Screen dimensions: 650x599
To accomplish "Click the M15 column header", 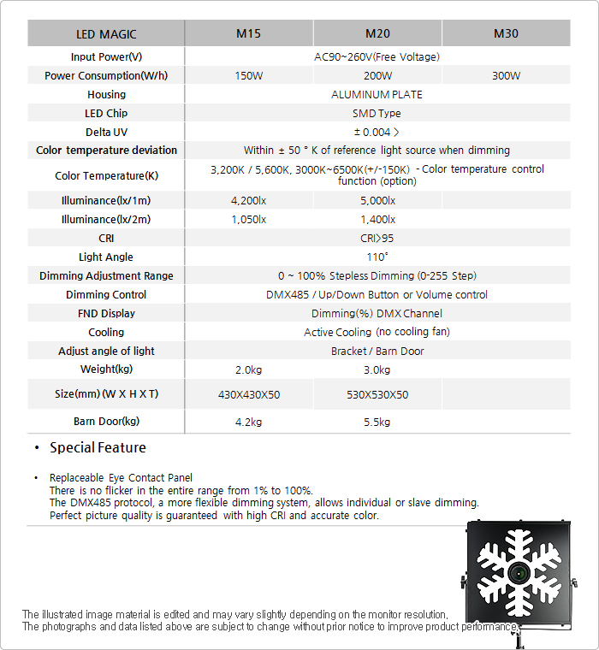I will click(x=248, y=34).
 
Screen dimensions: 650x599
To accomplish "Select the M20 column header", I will click(x=377, y=34).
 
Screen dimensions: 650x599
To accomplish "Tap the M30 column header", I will click(x=506, y=34).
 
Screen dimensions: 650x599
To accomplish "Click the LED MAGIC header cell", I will click(x=106, y=34).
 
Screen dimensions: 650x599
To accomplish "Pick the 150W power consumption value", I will click(x=248, y=76).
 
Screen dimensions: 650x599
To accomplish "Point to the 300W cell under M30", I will click(x=506, y=76).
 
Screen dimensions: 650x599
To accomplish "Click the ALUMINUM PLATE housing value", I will click(x=377, y=95).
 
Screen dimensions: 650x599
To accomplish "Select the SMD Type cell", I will click(x=377, y=114).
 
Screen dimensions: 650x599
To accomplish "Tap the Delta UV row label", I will click(x=106, y=133).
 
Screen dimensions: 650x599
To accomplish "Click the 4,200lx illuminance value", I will click(x=248, y=201).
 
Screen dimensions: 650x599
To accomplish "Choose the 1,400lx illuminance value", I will click(x=377, y=220).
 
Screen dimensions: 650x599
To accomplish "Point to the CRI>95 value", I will click(x=377, y=239).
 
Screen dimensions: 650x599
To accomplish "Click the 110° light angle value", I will click(x=377, y=257).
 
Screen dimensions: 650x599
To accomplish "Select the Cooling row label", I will click(x=106, y=333).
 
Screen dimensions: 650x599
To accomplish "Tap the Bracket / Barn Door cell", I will click(x=377, y=352).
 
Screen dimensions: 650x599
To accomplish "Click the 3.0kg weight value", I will click(x=377, y=370).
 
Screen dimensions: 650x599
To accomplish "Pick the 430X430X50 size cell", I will click(x=248, y=395).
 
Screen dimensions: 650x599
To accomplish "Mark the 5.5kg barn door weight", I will click(x=377, y=422).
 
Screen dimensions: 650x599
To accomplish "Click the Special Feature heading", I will click(x=98, y=448).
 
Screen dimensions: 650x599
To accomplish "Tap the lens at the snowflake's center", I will click(x=519, y=571).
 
